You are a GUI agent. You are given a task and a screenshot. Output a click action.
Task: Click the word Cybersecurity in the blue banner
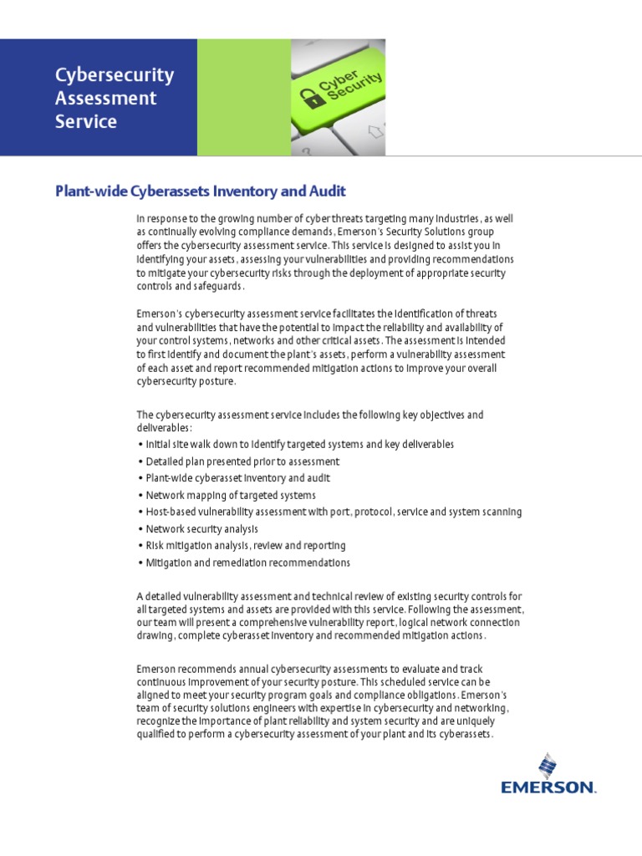click(115, 75)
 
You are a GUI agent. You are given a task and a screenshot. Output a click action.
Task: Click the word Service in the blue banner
click(85, 121)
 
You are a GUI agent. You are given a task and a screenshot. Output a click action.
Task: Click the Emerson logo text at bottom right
click(548, 787)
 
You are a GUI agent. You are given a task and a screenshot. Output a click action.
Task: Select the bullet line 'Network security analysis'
click(201, 529)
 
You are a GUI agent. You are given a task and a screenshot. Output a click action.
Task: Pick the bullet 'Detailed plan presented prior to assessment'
click(242, 461)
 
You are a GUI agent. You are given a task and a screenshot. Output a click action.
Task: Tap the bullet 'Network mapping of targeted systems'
click(218, 495)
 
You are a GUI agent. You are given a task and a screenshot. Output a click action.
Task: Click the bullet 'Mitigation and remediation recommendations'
click(247, 563)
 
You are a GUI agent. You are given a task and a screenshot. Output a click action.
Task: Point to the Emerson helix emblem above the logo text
click(548, 765)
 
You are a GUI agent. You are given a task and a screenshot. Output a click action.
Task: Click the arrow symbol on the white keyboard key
click(375, 132)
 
